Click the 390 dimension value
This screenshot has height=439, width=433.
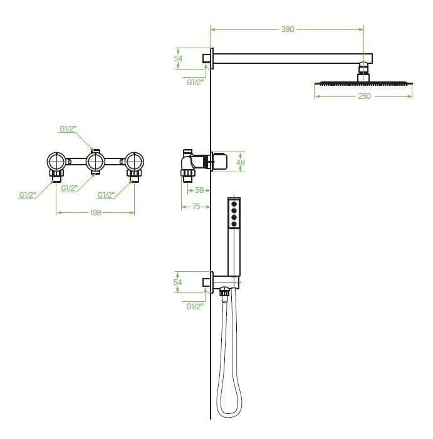pos(288,29)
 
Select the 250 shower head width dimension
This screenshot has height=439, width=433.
pos(364,96)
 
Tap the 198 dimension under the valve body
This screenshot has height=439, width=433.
pos(95,213)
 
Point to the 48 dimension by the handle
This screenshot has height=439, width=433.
pos(241,162)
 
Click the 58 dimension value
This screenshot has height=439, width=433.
pos(199,190)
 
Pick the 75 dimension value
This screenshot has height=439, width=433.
pos(196,207)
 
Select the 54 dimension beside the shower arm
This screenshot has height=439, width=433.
pos(178,58)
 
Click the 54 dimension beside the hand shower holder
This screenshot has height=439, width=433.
pos(177,282)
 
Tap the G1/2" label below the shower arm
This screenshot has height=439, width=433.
pos(196,83)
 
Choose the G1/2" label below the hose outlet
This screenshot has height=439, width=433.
pos(195,307)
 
